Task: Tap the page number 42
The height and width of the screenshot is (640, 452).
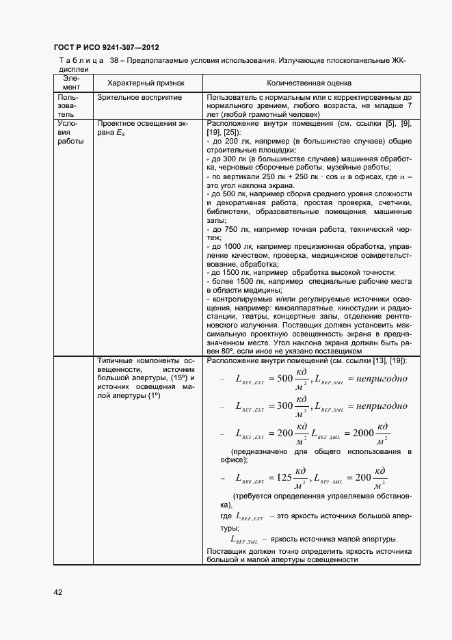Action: tap(58, 591)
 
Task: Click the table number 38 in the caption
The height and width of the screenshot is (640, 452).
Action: tap(114, 61)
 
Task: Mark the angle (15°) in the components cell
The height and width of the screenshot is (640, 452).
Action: tap(179, 378)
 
